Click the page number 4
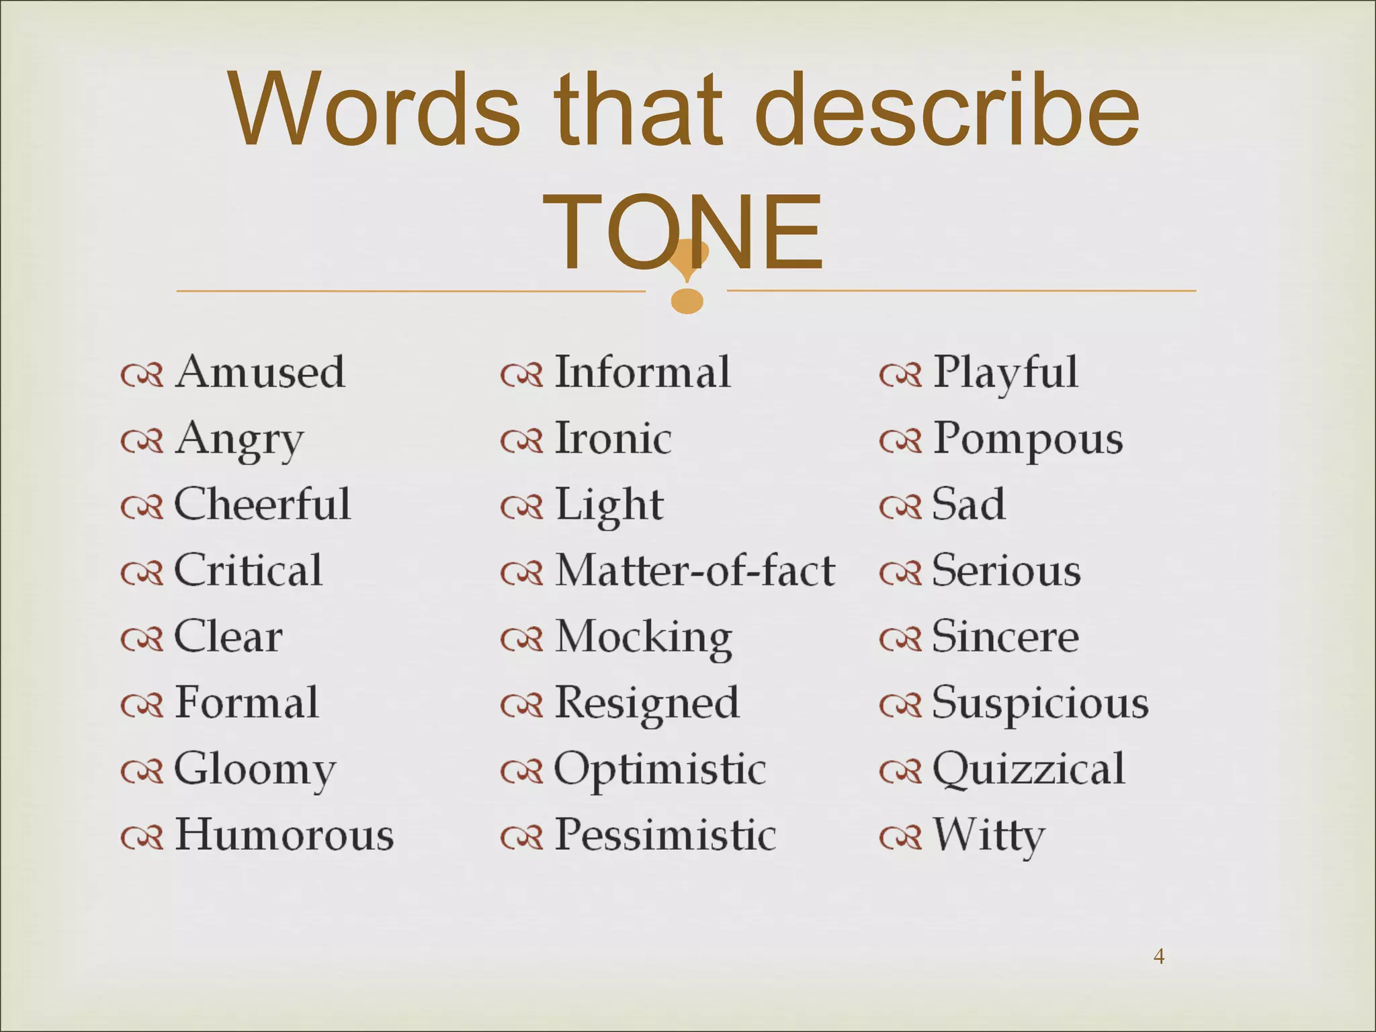pyautogui.click(x=1159, y=956)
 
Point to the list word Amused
pyautogui.click(x=260, y=372)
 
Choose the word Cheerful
pyautogui.click(x=262, y=504)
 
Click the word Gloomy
pyautogui.click(x=255, y=770)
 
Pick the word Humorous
pyautogui.click(x=284, y=834)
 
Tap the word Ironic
pyautogui.click(x=613, y=438)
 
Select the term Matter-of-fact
pyautogui.click(x=695, y=570)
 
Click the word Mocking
pyautogui.click(x=643, y=638)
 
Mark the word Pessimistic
pyautogui.click(x=665, y=834)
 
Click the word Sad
pyautogui.click(x=969, y=504)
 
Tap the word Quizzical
pyautogui.click(x=1028, y=769)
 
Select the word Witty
pyautogui.click(x=989, y=836)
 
